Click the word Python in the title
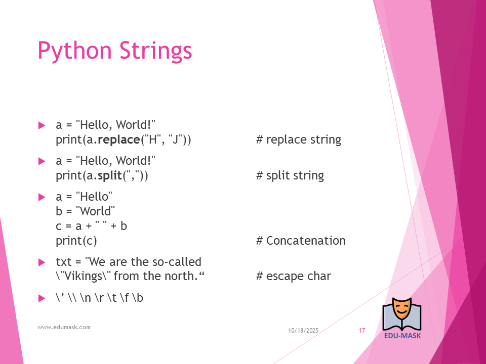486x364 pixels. (74, 51)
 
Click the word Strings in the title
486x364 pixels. (155, 51)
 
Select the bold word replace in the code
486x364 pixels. (118, 140)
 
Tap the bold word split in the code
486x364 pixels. (110, 175)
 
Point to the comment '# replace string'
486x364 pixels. (299, 140)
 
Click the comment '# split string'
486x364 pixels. (290, 175)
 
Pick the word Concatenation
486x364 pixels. (306, 241)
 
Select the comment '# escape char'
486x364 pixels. (294, 276)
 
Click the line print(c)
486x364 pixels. (76, 241)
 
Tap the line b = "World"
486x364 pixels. (85, 211)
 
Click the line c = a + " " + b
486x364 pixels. (92, 226)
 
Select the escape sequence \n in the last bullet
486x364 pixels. (86, 298)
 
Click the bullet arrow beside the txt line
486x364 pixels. (42, 262)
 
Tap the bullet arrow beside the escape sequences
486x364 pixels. (42, 298)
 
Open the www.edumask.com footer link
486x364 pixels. (64, 327)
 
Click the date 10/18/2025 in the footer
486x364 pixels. (303, 331)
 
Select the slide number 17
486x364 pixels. (362, 331)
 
